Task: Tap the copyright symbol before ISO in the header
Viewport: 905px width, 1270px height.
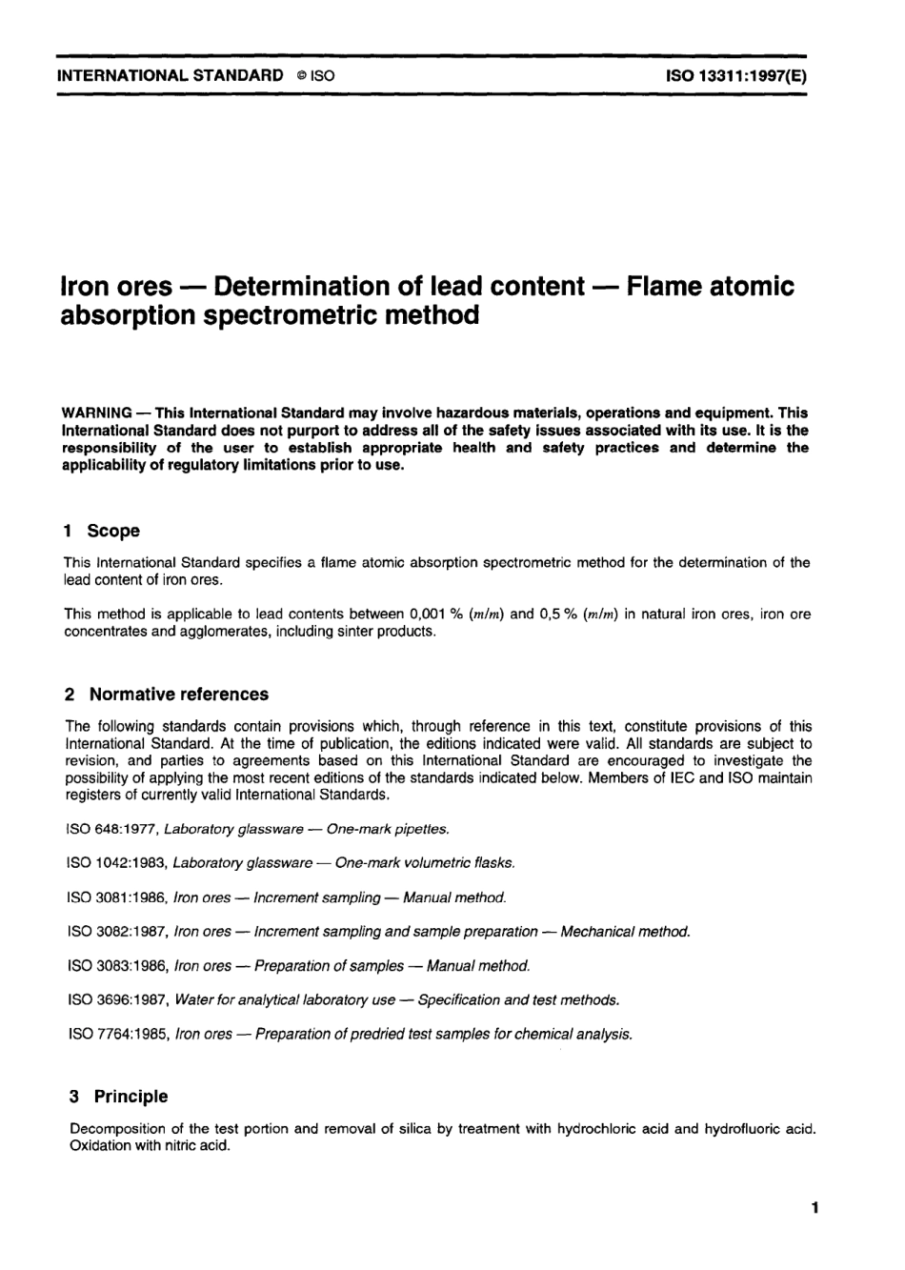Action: tap(299, 76)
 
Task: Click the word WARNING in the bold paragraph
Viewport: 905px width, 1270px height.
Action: tap(96, 413)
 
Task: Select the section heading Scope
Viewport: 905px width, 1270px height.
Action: tap(113, 531)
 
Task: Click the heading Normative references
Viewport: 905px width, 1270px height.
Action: tap(179, 694)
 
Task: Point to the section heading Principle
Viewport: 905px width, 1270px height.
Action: tap(131, 1097)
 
